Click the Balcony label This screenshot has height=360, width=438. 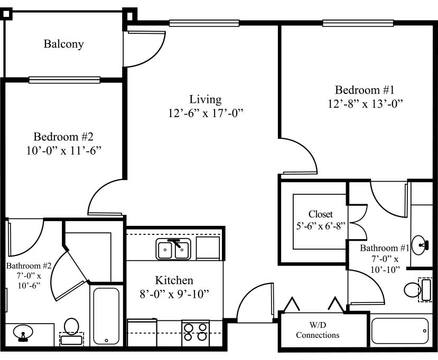64,44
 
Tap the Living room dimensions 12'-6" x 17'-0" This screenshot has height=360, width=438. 206,113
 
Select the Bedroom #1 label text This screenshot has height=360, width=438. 365,90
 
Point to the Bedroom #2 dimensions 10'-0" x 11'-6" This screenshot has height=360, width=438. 64,150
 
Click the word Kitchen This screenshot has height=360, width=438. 174,280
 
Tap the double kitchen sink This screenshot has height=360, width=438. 173,249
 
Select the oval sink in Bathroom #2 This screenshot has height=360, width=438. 23,333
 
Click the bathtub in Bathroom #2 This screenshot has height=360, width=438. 106,316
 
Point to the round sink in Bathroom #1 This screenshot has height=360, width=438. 421,245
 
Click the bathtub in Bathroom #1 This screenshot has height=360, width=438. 400,330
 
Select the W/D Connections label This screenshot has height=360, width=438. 318,330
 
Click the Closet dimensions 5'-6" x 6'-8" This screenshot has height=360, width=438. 321,225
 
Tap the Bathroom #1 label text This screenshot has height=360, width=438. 385,248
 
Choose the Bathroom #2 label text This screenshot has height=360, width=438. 29,266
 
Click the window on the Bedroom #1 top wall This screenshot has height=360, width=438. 358,23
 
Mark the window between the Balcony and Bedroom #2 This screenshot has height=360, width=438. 64,80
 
